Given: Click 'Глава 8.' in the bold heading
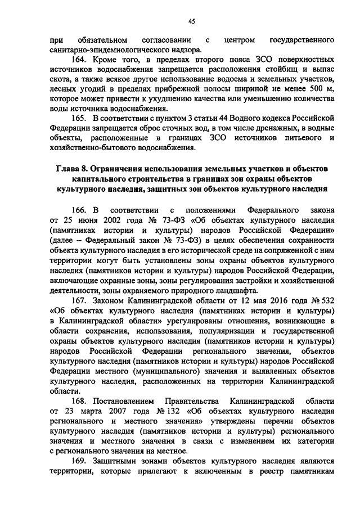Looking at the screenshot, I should coord(71,169).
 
